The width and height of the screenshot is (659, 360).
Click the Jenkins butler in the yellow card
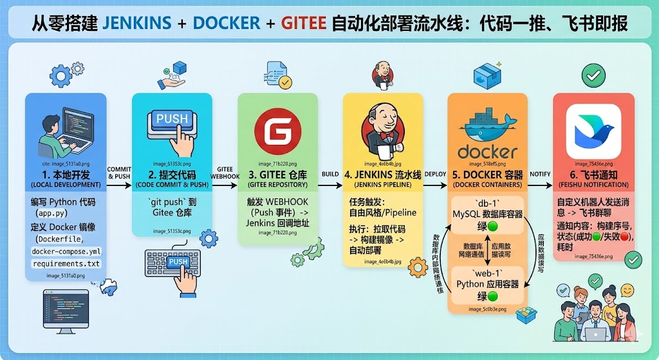pyautogui.click(x=382, y=125)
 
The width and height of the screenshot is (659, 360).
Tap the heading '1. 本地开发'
pyautogui.click(x=66, y=175)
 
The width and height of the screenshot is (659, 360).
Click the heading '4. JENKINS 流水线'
pyautogui.click(x=383, y=175)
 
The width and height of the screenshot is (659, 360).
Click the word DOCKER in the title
pyautogui.click(x=227, y=24)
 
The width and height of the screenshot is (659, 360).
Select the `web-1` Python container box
pyautogui.click(x=487, y=283)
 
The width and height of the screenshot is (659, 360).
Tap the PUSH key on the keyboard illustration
pyautogui.click(x=178, y=262)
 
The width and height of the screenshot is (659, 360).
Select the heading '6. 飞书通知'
pyautogui.click(x=593, y=175)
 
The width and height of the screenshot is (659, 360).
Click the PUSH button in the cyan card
pyautogui.click(x=172, y=119)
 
